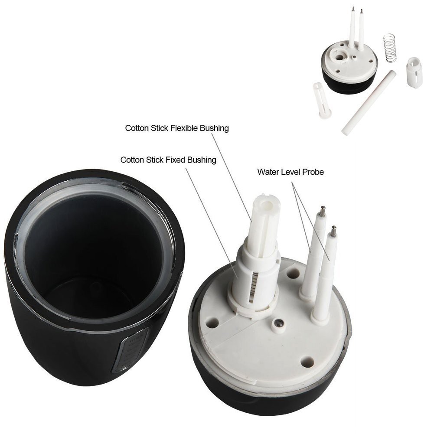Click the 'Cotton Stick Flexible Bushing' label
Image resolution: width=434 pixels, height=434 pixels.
(x=177, y=128)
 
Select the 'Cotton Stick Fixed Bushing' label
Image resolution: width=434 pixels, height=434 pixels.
(x=168, y=160)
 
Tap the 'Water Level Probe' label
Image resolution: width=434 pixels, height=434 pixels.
(x=290, y=172)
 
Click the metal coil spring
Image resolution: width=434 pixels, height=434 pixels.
(x=389, y=48)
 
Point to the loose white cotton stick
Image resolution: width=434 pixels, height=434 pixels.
(x=369, y=103)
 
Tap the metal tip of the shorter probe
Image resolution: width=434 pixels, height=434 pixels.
(x=334, y=231)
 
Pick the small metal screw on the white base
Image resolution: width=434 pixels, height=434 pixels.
(x=279, y=323)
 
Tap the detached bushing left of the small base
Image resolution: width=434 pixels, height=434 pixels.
(x=322, y=101)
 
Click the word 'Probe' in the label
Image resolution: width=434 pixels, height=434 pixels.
(x=313, y=172)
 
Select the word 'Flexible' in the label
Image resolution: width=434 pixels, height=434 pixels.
(x=184, y=128)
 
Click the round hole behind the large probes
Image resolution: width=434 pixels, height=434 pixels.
(x=294, y=273)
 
